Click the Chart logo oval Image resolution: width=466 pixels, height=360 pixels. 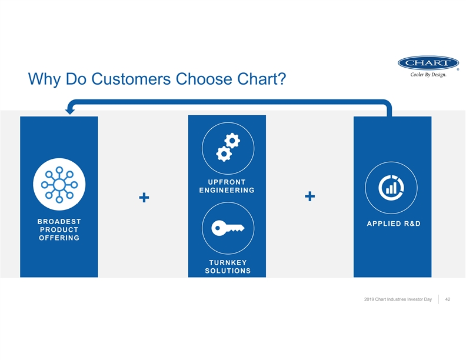428,63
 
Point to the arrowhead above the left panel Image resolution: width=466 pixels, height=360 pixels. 69,110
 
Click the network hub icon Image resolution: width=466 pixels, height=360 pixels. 59,184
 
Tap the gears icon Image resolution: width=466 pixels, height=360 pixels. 228,146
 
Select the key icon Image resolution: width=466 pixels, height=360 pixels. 227,228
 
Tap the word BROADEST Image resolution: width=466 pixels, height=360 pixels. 59,222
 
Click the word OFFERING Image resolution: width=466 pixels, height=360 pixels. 59,238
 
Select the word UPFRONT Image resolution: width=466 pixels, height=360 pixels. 227,181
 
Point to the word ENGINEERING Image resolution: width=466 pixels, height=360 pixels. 227,190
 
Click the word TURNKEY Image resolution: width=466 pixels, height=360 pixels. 227,262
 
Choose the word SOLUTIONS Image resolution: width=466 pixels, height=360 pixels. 227,271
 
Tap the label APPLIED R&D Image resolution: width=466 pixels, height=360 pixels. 392,224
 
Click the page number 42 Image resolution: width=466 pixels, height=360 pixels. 448,300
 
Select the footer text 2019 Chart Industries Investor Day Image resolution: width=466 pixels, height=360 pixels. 398,300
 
